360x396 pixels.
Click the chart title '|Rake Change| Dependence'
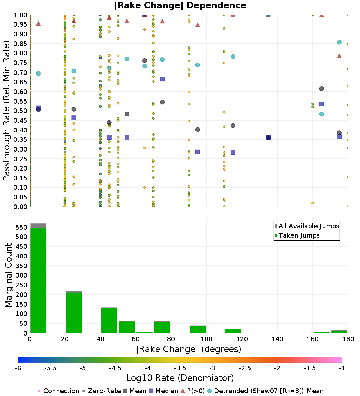(180, 5)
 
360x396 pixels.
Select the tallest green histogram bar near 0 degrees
(39, 280)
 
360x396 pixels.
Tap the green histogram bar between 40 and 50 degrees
(109, 320)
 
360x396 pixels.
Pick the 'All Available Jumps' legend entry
(307, 226)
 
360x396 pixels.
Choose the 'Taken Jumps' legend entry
(297, 235)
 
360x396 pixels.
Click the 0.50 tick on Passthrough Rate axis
(21, 111)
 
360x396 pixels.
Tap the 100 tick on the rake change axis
(206, 339)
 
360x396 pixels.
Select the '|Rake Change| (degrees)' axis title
(189, 349)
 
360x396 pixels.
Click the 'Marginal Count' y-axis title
(8, 275)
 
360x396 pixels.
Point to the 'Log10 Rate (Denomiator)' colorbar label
(180, 378)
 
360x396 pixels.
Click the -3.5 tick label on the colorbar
(180, 368)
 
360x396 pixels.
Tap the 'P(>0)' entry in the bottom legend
(193, 391)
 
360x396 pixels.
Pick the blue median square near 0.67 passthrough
(162, 79)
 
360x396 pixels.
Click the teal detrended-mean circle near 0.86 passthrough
(339, 42)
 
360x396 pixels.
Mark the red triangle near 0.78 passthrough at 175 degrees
(339, 56)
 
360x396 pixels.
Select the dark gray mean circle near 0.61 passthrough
(321, 89)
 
